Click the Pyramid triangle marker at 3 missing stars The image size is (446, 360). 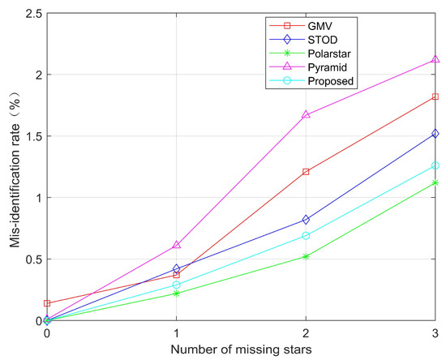click(x=435, y=60)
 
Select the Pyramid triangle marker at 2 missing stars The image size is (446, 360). click(x=306, y=115)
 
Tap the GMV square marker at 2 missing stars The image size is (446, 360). click(x=306, y=172)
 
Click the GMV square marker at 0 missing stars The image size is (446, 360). click(x=47, y=303)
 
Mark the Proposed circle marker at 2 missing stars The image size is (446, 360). click(x=306, y=236)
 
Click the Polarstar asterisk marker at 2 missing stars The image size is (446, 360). click(x=306, y=256)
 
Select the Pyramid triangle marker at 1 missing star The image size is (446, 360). click(x=177, y=245)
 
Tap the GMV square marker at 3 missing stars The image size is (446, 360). click(x=435, y=96)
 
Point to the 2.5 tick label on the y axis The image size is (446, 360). click(x=31, y=12)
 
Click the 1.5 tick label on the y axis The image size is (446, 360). click(x=31, y=135)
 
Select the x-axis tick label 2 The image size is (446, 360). click(x=306, y=333)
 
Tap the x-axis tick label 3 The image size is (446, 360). click(x=435, y=333)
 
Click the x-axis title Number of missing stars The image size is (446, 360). click(x=241, y=350)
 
